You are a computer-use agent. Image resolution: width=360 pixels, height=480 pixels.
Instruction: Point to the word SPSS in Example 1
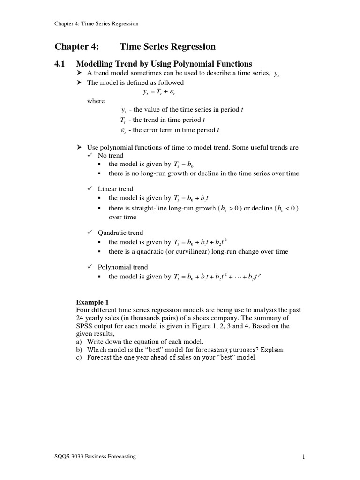pos(84,326)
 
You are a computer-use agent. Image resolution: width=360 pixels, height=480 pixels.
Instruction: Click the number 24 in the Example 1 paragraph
pos(80,318)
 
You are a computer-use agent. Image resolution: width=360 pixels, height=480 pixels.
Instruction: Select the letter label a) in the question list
pos(79,342)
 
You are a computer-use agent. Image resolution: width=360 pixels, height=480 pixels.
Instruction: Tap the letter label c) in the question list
pos(79,358)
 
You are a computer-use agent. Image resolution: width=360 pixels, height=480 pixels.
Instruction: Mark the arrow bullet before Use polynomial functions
pos(79,147)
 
